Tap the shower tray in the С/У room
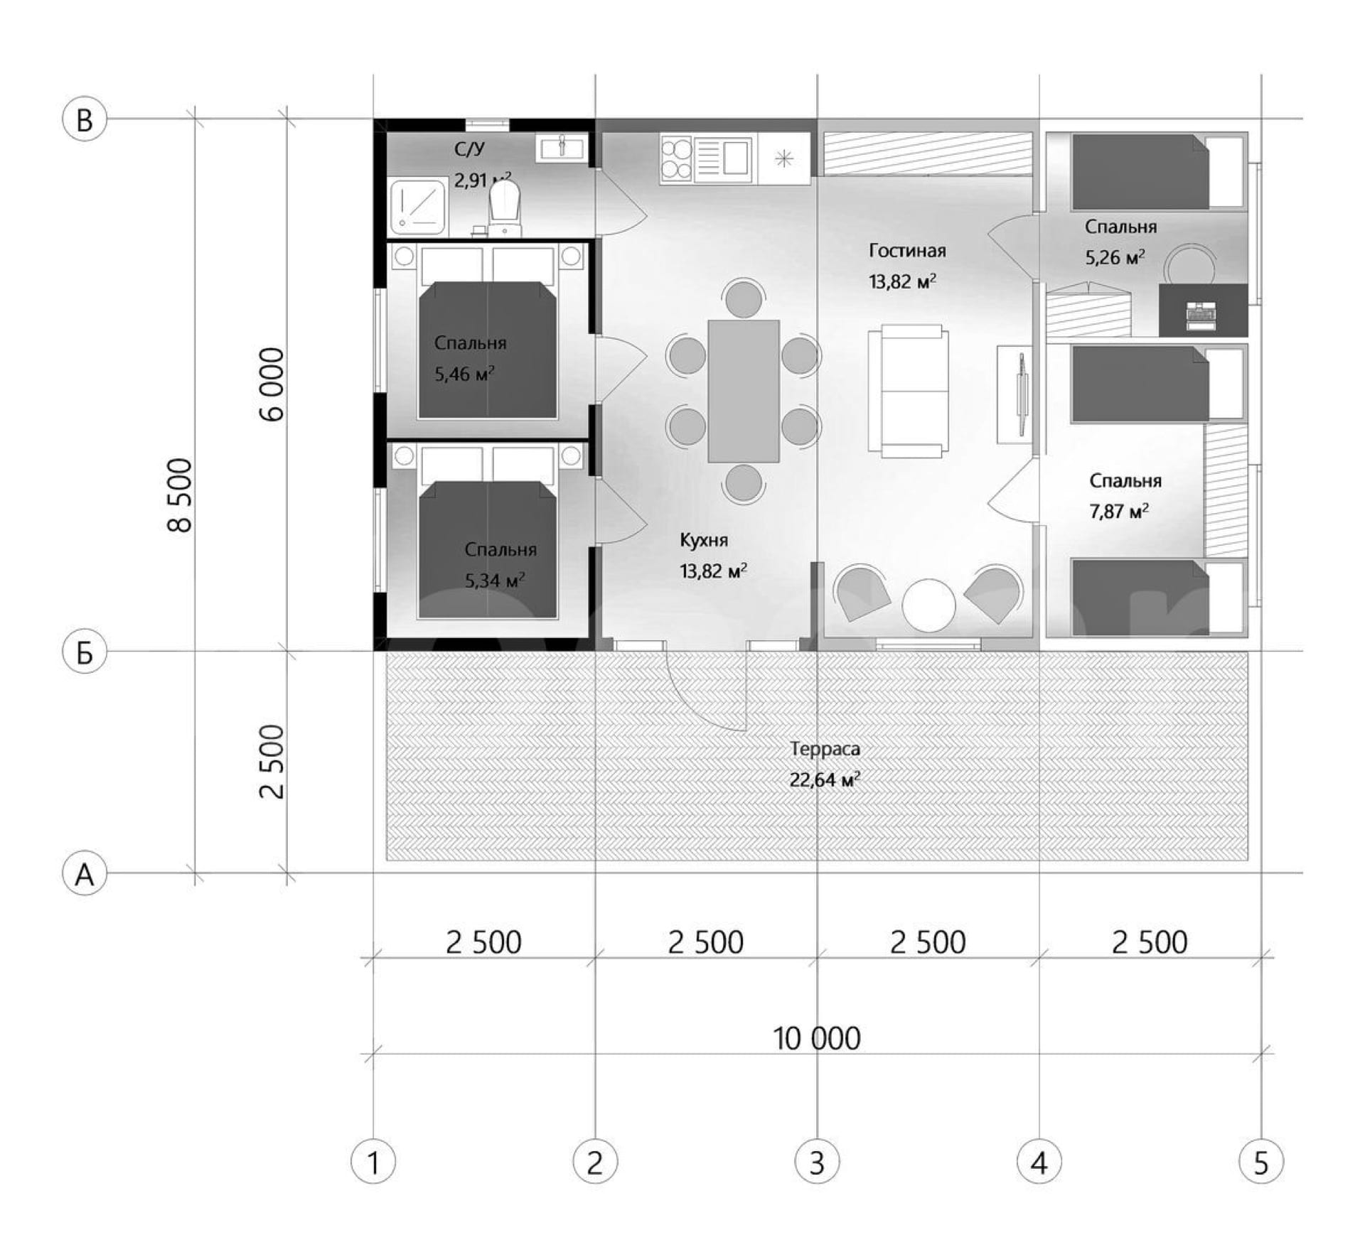pos(418,207)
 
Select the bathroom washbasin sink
pos(562,149)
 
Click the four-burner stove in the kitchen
pos(676,158)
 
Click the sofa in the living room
pos(908,391)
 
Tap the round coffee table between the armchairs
pos(928,605)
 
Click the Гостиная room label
pos(907,251)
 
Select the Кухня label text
pos(704,540)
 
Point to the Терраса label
pos(825,749)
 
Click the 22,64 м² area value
pos(825,780)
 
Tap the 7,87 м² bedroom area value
pos(1119,512)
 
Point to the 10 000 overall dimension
pos(817,1039)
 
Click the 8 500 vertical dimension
pos(180,495)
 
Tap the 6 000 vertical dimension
pos(272,384)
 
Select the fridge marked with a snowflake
pos(784,158)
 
